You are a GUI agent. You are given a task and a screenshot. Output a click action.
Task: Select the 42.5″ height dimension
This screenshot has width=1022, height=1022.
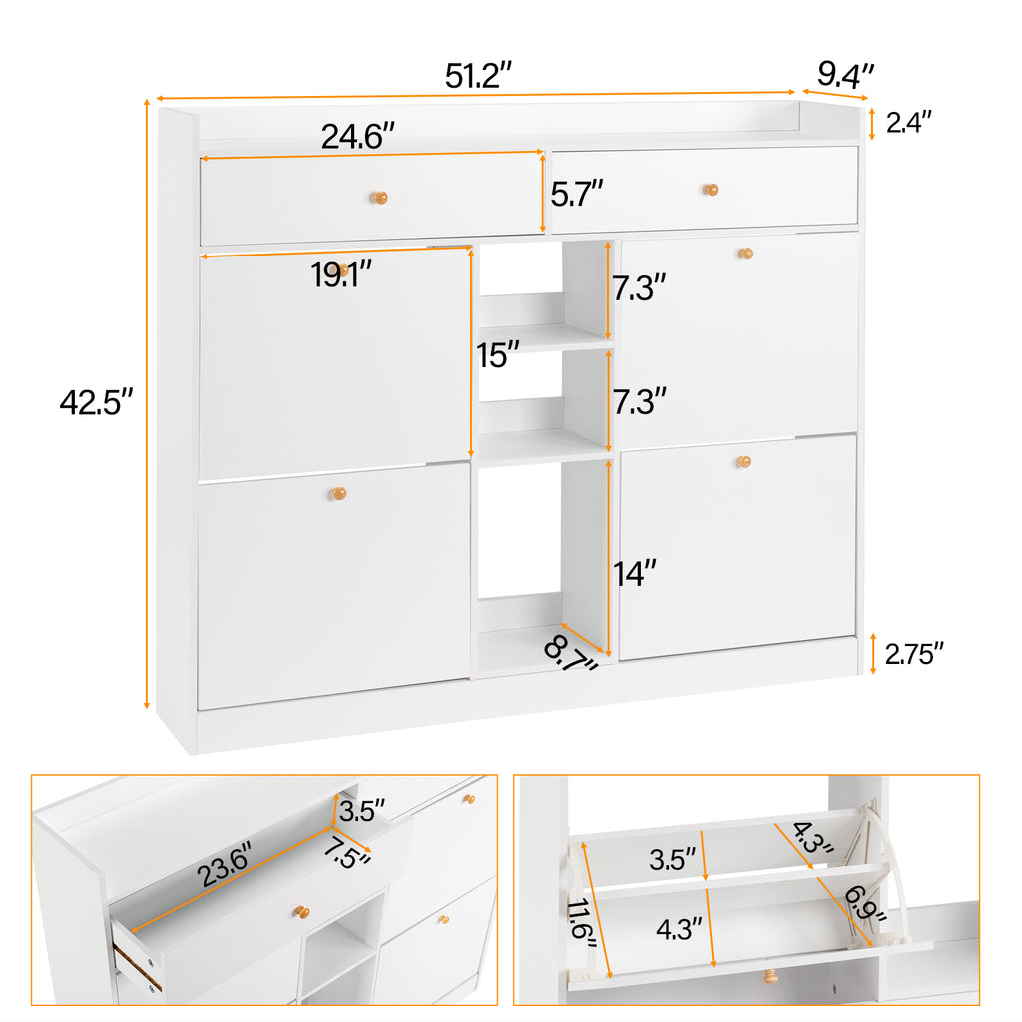[96, 402]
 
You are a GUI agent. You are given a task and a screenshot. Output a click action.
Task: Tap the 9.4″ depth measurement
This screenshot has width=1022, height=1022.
[846, 73]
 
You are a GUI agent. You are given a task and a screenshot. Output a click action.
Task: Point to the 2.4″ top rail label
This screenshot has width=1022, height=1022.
[909, 122]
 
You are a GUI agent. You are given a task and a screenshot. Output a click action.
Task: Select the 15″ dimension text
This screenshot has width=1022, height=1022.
[498, 354]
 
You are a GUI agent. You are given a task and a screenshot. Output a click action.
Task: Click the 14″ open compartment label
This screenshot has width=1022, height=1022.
[635, 573]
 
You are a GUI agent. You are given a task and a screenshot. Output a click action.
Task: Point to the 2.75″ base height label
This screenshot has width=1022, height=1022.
[913, 653]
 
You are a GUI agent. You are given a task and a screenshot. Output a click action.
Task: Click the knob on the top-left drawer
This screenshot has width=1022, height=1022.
[379, 198]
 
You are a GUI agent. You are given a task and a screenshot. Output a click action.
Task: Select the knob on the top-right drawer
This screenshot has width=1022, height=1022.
[710, 190]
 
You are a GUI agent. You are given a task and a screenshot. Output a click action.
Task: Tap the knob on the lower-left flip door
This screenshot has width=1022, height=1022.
[339, 494]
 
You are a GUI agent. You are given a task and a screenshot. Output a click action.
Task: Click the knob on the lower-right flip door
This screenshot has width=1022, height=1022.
[743, 461]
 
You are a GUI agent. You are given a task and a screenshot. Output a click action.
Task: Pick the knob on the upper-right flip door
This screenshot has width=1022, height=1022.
[745, 254]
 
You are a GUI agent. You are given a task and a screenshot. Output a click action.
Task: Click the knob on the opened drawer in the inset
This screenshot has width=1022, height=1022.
[300, 911]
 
